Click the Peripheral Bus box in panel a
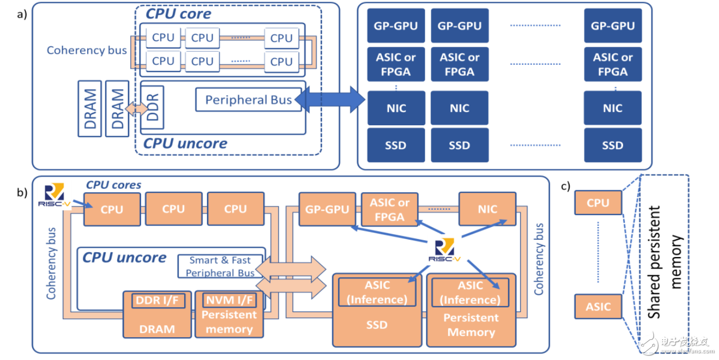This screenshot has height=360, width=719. tap(248, 100)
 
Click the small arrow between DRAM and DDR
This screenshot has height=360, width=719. tap(136, 109)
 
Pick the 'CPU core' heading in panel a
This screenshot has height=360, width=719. tap(178, 13)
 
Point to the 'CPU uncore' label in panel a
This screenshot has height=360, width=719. tap(185, 144)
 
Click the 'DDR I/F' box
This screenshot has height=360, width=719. tap(157, 300)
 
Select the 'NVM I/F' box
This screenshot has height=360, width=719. tap(229, 300)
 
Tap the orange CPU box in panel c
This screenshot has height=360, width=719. tap(598, 203)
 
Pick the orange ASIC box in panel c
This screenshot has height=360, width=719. tap(598, 306)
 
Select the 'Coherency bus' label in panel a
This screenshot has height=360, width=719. tap(87, 50)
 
